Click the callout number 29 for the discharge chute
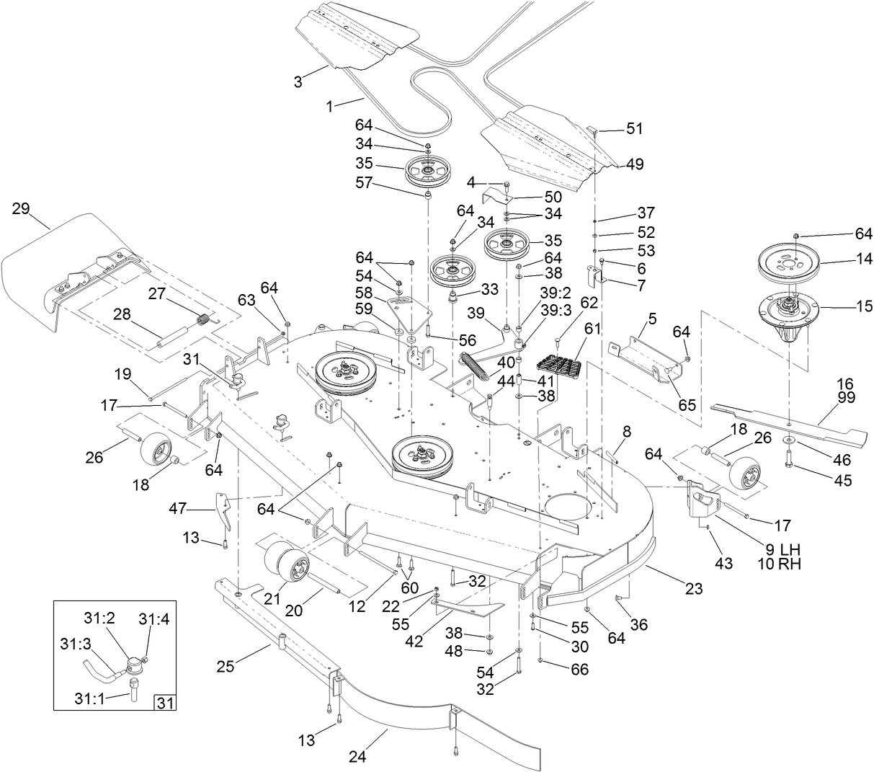coord(20,209)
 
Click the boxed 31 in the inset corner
coord(166,701)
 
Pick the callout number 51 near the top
coord(634,129)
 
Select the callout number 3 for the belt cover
coord(298,81)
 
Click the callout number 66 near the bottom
coord(579,670)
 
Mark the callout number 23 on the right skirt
coord(693,588)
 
